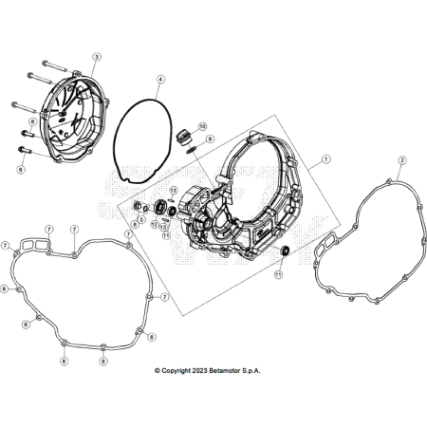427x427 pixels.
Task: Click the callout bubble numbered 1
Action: click(x=325, y=159)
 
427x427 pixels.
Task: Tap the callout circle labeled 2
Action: click(x=402, y=160)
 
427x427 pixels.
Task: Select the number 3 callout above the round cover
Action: click(x=97, y=57)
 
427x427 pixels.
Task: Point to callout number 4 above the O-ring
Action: click(x=160, y=79)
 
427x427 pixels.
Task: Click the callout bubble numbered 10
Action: click(x=202, y=126)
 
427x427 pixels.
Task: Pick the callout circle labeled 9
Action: click(x=210, y=139)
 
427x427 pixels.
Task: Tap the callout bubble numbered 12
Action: click(x=155, y=224)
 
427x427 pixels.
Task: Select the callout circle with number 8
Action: click(x=136, y=224)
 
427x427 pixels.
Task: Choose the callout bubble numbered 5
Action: click(x=141, y=219)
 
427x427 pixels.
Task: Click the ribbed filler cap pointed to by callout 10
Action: click(x=183, y=137)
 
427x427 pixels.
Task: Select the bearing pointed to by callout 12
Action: click(x=160, y=209)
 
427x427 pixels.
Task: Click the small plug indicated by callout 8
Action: click(x=137, y=206)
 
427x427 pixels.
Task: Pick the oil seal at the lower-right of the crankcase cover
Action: click(x=286, y=251)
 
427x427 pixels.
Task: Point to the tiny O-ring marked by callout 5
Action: click(x=145, y=209)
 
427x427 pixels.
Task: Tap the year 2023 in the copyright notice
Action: click(x=199, y=371)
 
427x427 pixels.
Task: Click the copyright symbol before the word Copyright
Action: click(x=158, y=371)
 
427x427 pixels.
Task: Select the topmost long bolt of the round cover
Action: click(x=54, y=66)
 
